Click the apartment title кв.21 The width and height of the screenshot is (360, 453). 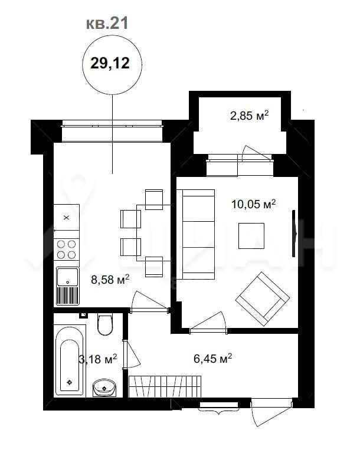pos(107,24)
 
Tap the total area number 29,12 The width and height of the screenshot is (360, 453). pos(110,63)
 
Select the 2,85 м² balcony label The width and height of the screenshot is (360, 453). pos(249,116)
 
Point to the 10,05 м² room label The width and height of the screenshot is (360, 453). pos(253,204)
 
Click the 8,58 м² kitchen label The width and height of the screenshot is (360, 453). pos(110,280)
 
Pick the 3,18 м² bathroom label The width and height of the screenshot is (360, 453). pos(98,359)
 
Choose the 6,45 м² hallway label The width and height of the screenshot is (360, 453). pos(212,359)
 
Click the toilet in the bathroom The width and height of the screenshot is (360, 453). pos(105,324)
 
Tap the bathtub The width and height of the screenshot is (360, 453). pos(70,360)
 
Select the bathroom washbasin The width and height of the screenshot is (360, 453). pos(104,388)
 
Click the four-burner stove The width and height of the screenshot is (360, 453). pos(67,250)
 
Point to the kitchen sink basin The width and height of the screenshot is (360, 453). pos(67,277)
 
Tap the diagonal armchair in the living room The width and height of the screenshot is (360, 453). pos(263,298)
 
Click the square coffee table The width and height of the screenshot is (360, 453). pos(251,236)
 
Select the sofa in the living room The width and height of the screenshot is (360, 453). pos(195,234)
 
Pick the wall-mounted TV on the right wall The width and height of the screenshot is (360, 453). pos(294,234)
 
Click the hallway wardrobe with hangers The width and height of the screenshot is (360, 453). pos(165,386)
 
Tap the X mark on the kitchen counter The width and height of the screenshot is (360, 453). pos(66,218)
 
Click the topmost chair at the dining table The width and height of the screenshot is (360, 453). pos(154,199)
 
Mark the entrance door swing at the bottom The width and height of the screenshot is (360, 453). pos(271,412)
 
